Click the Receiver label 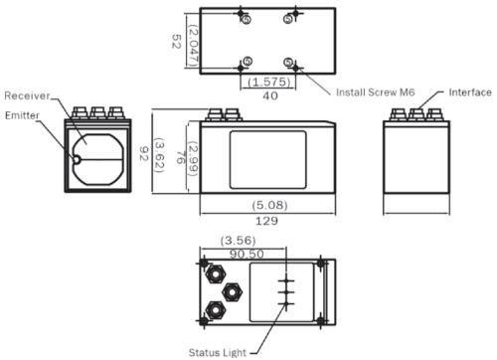[27, 95]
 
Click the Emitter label [22, 115]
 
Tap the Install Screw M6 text [376, 92]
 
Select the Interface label [470, 92]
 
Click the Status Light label [218, 352]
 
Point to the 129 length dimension [266, 221]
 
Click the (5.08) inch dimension [269, 205]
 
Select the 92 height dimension [143, 154]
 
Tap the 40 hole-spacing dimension [270, 95]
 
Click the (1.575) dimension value [269, 82]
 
